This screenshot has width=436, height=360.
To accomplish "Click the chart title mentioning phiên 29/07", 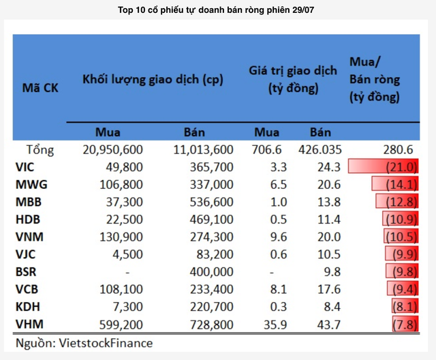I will tap(217, 11).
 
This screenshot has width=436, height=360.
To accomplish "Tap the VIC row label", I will tap(27, 166).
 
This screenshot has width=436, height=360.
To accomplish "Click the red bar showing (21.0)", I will tap(382, 166).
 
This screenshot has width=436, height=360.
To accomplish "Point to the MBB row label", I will tap(29, 201).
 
